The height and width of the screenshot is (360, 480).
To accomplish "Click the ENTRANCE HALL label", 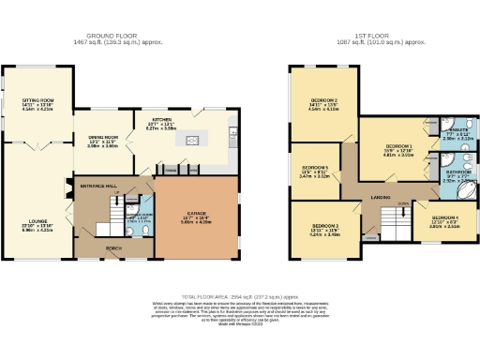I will coord(99,186).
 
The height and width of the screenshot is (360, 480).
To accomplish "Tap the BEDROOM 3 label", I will coord(323,225).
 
